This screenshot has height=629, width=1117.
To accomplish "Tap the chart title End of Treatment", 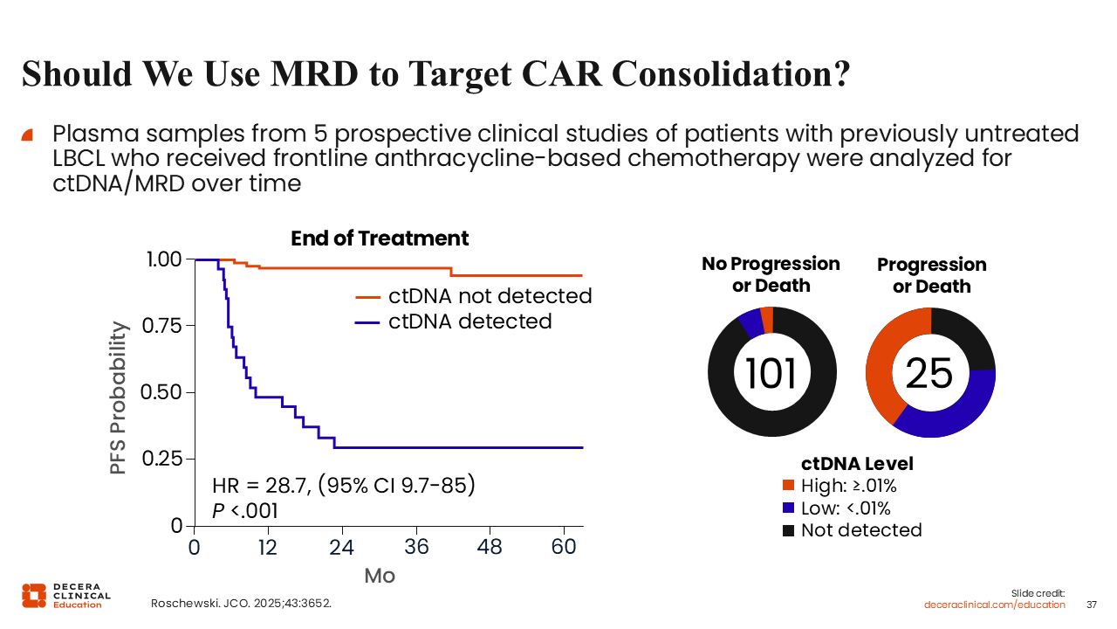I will coord(380,238).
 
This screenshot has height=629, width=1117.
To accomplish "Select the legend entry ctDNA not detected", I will coord(490,295).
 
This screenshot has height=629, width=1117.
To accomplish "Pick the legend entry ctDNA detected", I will coord(469,321).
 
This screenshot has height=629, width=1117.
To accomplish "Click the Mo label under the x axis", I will coord(380,576).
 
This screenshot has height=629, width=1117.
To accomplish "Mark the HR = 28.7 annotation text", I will coord(344,486).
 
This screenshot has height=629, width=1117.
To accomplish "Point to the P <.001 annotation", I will coord(245,511).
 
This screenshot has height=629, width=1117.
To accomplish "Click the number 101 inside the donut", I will coord(771,373).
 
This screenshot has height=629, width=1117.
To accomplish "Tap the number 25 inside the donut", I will coord(929,373).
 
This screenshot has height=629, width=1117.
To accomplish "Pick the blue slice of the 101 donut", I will coord(749,322).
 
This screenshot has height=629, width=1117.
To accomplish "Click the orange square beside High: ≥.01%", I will coord(789,486).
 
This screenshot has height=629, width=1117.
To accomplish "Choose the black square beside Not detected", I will coord(789,530).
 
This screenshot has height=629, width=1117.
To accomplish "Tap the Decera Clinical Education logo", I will coord(66,595).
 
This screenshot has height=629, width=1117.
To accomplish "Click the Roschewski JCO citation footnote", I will coord(242,604).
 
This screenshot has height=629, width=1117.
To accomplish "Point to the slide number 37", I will coord(1092,605).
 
